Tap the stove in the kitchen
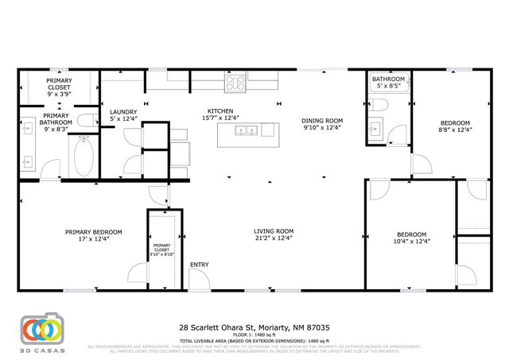235,79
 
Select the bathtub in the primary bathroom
84,157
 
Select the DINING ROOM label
321,121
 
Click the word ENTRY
198,264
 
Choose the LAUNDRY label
123,112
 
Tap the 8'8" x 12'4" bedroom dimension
457,130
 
